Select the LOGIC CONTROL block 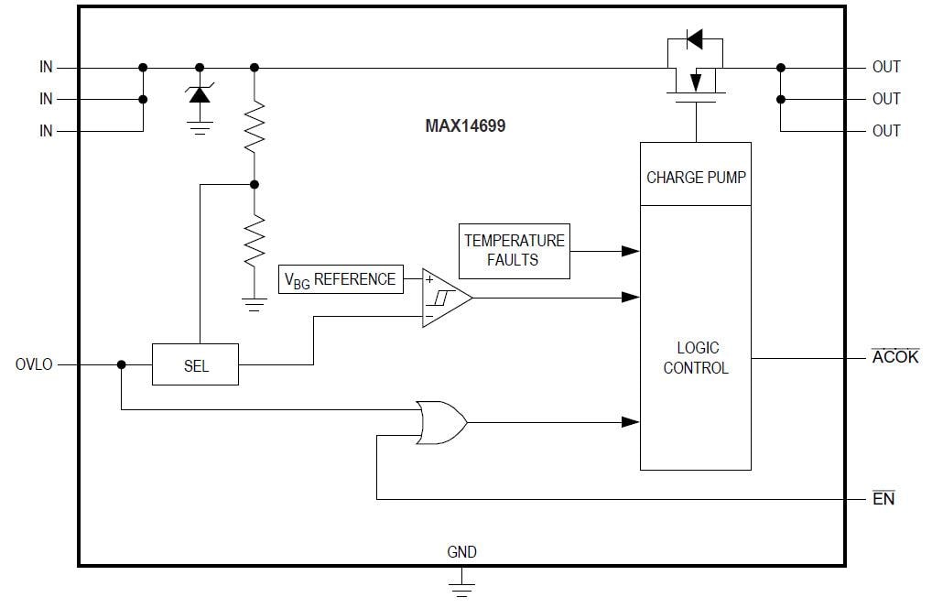point(696,358)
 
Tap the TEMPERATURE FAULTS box point(514,250)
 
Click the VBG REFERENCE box point(340,279)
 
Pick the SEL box point(195,365)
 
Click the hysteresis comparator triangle point(444,298)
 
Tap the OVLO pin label point(34,364)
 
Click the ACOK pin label point(894,357)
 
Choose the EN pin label point(883,499)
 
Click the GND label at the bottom point(461,552)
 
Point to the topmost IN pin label point(46,67)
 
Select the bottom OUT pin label point(885,131)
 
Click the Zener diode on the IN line point(199,92)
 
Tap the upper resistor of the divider point(255,126)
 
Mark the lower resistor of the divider point(255,240)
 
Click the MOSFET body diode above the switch point(694,39)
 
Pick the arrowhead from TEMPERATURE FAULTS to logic point(630,250)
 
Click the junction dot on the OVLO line point(121,364)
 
